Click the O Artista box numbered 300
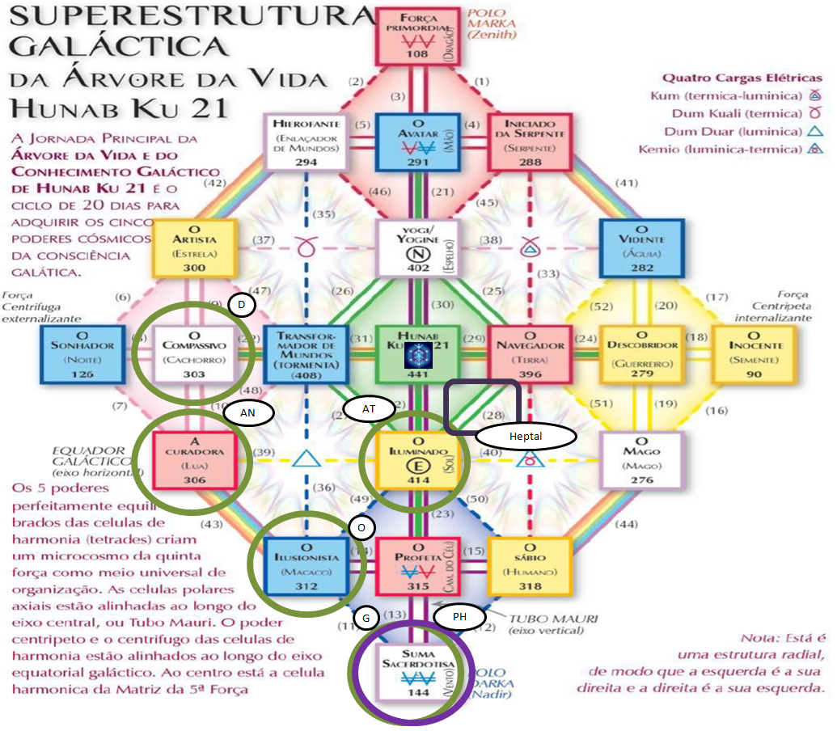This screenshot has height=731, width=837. pos(194,247)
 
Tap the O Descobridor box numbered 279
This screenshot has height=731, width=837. pos(639,354)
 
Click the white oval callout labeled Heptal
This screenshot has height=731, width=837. pos(526,435)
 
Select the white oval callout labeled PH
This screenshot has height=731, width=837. pos(459,617)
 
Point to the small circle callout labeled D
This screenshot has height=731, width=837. pos(242,305)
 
